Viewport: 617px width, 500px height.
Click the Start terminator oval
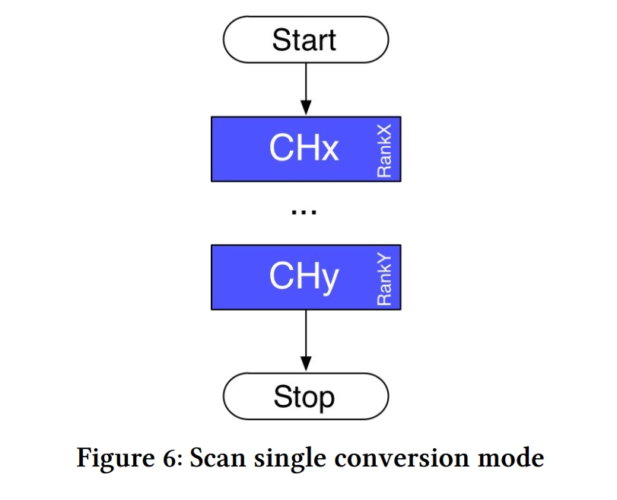tap(306, 40)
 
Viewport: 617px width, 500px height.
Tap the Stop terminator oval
tap(306, 396)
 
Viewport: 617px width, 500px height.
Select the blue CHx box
tap(306, 149)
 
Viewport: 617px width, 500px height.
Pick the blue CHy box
tap(306, 277)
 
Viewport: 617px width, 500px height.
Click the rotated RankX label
tap(384, 151)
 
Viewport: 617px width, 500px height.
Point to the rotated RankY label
tap(384, 279)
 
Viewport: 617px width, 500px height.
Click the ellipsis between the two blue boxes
tap(304, 212)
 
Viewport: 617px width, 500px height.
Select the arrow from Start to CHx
tap(306, 89)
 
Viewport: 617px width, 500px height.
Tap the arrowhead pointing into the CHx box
tap(306, 108)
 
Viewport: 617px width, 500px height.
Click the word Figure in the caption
tap(116, 458)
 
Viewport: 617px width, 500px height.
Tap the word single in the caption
tap(290, 458)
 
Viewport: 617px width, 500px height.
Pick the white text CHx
tap(304, 148)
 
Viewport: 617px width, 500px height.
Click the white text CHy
tap(304, 278)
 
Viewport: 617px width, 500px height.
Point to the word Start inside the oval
tap(304, 40)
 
